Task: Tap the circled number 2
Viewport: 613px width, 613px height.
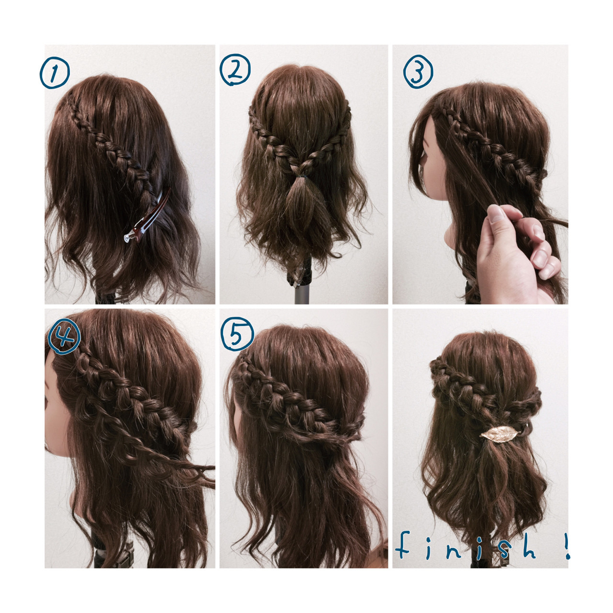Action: point(235,70)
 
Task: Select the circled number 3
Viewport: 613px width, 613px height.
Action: point(418,73)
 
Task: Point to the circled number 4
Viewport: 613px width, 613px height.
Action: point(64,338)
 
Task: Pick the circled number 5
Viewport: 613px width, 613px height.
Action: point(237,333)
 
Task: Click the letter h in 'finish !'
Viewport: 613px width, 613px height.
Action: point(529,547)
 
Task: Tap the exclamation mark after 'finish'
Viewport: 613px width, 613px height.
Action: point(567,546)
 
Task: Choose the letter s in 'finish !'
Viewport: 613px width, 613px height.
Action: point(498,548)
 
